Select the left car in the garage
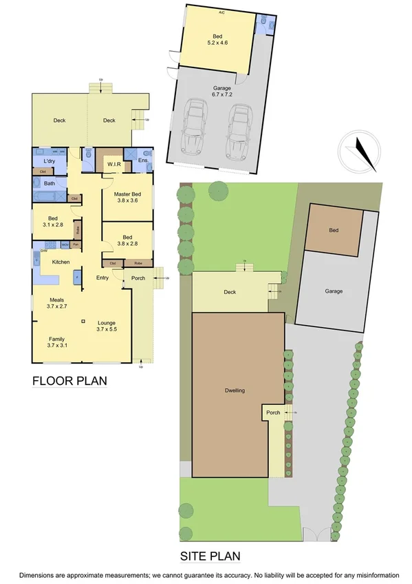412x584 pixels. (x=194, y=129)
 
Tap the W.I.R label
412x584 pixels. (x=114, y=164)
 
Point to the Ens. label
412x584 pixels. (x=144, y=161)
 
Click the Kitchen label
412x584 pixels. (x=61, y=262)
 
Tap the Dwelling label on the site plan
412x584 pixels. (x=235, y=390)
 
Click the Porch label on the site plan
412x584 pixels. (x=273, y=413)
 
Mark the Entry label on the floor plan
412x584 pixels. (x=102, y=278)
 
